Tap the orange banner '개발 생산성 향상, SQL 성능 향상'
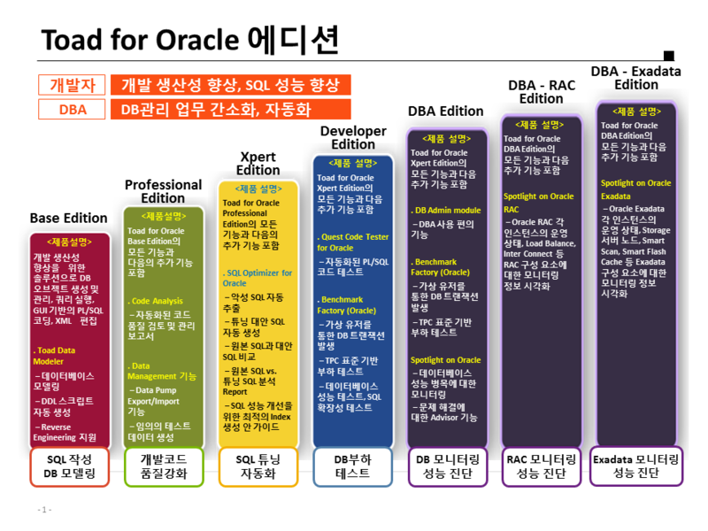pos(229,85)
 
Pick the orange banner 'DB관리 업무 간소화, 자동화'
pos(229,110)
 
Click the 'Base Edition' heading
pos(68,218)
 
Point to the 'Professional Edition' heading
pos(163,191)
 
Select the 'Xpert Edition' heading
pos(258,163)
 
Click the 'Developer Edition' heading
pos(353,137)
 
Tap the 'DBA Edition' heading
pos(445,111)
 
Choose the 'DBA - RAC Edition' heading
pos(541,91)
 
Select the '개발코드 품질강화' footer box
pos(163,466)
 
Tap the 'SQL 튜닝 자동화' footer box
pos(258,466)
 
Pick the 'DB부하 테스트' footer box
pos(352,466)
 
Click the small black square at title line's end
pos(668,55)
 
